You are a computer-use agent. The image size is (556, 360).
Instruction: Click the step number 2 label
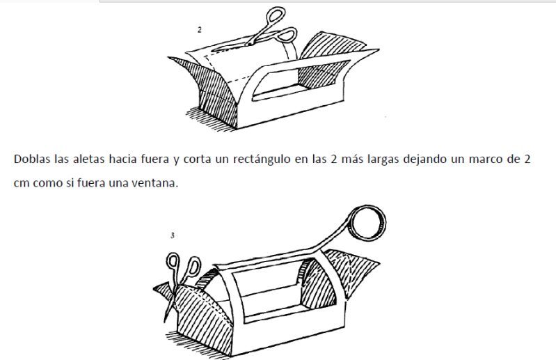200,30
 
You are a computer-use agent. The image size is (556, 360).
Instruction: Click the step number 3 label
173,235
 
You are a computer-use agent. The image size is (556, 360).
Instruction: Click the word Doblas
32,159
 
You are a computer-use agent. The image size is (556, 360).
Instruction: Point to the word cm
21,183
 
